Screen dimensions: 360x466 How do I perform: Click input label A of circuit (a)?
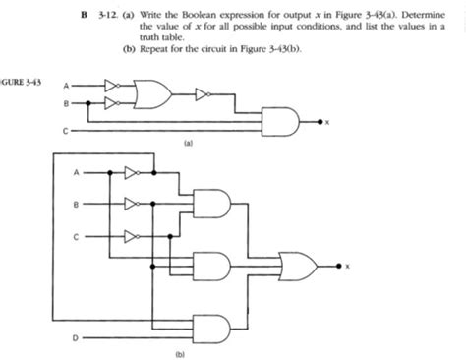(x=67, y=85)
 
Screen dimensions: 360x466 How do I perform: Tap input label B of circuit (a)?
(x=67, y=100)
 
